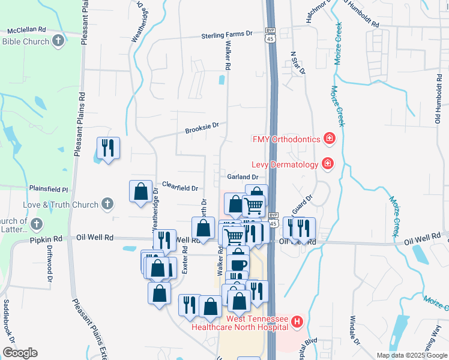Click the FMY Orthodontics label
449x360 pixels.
[286, 140]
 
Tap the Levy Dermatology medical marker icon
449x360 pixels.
[328, 163]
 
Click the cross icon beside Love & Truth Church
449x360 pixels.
[107, 205]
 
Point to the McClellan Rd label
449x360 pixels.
[26, 29]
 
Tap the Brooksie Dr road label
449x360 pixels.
[202, 128]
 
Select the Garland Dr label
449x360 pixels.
[243, 177]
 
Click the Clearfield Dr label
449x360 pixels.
[180, 187]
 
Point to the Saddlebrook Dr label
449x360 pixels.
[8, 318]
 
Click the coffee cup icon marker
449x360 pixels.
[238, 264]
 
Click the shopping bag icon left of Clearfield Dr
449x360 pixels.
[140, 191]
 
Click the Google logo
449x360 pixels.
[20, 353]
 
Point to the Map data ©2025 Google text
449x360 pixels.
[411, 355]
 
